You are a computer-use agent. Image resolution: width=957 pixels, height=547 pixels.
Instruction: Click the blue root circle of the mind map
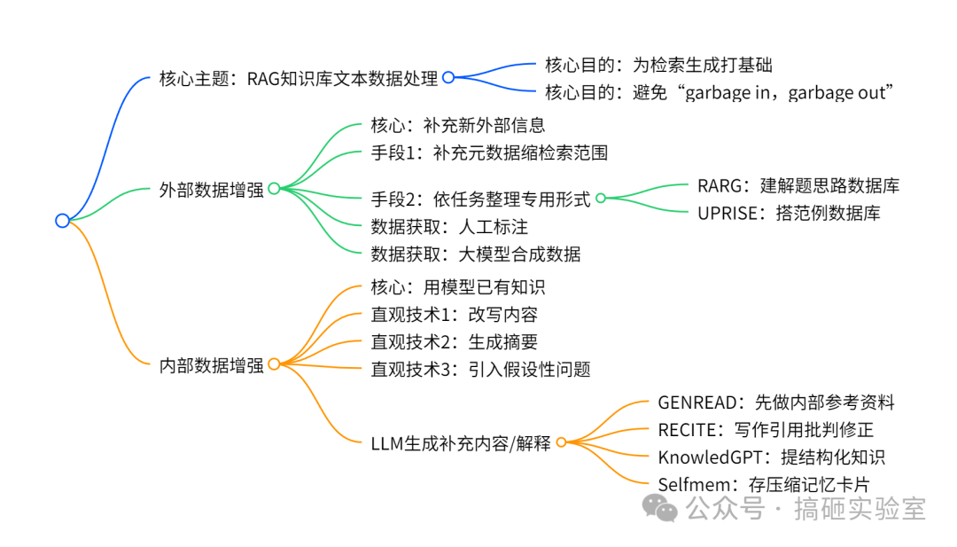coord(61,221)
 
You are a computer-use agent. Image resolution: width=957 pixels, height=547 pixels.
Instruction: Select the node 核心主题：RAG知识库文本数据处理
coord(299,78)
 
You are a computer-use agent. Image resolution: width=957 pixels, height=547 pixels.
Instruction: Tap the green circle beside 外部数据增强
coord(274,188)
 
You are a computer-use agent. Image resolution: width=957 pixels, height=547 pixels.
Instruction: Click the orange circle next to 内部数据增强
coord(274,363)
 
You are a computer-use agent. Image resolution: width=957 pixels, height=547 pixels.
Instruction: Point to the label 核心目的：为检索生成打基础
coord(665,64)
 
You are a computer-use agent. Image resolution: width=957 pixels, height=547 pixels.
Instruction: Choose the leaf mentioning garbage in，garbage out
coord(719,92)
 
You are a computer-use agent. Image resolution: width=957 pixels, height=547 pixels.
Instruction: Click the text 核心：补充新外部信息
coord(457,125)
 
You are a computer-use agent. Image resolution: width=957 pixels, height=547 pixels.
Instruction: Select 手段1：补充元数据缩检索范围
coord(489,152)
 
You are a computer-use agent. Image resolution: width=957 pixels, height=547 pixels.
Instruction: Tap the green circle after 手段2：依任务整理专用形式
coord(600,199)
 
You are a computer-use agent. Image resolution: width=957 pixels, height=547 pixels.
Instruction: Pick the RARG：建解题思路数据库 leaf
coord(798,185)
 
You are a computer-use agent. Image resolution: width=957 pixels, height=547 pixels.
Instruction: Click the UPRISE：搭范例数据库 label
coord(789,213)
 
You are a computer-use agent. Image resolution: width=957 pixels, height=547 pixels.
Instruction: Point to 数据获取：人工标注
coord(449,226)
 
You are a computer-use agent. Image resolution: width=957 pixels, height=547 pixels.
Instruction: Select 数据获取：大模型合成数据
coord(476,254)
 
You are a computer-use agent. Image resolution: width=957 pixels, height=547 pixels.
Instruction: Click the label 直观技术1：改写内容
coord(454,314)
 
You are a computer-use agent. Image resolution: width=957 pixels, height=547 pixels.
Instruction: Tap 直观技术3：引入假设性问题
coord(480,369)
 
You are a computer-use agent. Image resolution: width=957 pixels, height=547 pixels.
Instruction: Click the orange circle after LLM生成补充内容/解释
coord(560,442)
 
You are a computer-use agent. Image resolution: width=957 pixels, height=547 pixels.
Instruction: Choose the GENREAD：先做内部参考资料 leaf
coord(775,402)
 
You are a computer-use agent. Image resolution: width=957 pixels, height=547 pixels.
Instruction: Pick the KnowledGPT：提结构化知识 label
coord(771,457)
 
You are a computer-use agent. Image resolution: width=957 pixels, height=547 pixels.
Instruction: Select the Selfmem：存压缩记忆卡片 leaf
coord(763,484)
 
